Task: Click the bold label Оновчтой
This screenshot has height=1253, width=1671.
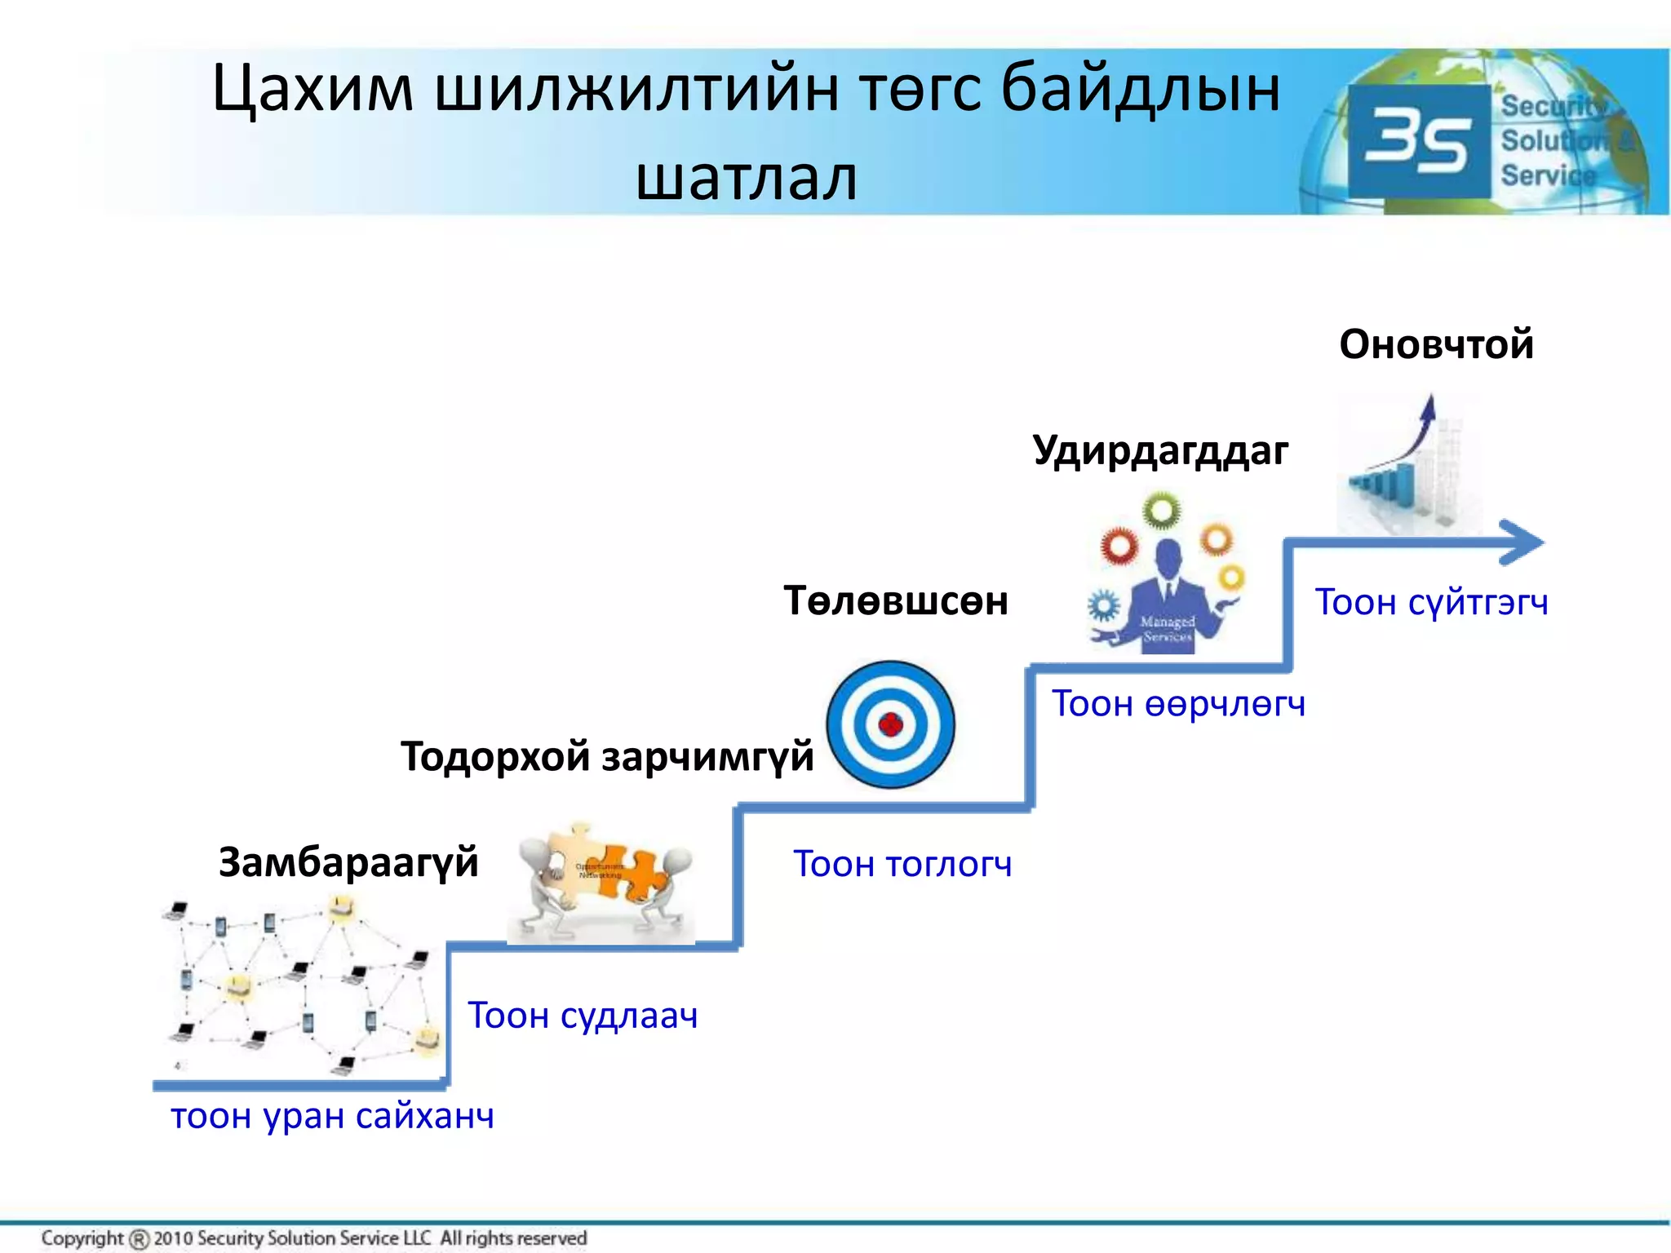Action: [x=1436, y=343]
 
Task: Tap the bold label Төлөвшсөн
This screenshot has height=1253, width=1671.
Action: [x=896, y=601]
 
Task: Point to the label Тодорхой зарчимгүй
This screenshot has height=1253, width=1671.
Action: [x=607, y=756]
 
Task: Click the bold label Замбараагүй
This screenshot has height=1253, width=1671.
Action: [x=348, y=862]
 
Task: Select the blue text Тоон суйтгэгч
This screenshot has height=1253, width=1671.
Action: [x=1431, y=603]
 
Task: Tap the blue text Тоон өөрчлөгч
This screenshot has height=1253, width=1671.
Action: [x=1178, y=703]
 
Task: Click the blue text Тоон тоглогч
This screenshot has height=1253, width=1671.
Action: [x=902, y=864]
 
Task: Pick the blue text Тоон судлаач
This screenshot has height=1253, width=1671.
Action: [x=583, y=1016]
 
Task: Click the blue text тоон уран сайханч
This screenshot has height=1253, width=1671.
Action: [x=332, y=1115]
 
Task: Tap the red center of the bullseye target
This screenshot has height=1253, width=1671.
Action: [x=890, y=724]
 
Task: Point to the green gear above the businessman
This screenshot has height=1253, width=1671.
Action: [x=1161, y=511]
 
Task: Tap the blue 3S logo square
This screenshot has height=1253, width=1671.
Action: [x=1419, y=141]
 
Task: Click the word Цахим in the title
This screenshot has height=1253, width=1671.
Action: [x=312, y=88]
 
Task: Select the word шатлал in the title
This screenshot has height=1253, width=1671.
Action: [x=747, y=177]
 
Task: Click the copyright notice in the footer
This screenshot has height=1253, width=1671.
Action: [x=314, y=1238]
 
